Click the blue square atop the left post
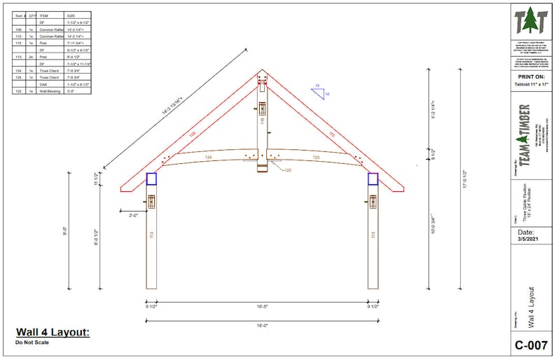pos(151,179)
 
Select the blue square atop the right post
pos(373,179)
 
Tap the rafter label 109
pos(192,134)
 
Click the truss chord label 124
pos(208,158)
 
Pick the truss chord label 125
pos(316,158)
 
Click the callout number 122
pos(287,170)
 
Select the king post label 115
pos(262,120)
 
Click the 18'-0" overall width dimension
pos(262,325)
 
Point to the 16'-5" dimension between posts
pos(262,306)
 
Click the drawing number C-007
pos(531,345)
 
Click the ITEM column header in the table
pos(44,15)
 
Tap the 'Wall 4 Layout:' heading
pos(53,332)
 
